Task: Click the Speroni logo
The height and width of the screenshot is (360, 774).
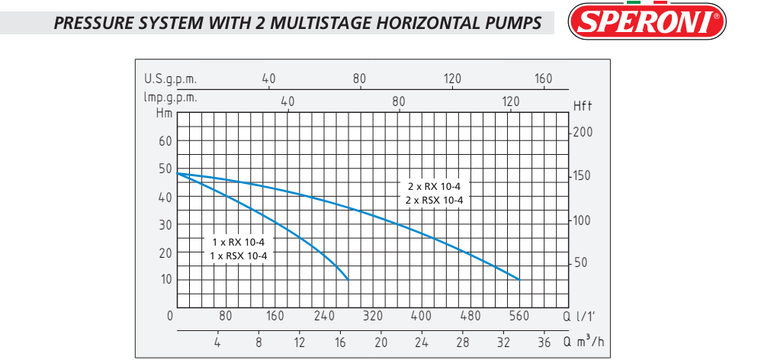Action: click(x=647, y=22)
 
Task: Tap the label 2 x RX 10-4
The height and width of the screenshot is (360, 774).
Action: click(x=435, y=186)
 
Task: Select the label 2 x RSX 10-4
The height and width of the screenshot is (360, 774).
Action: click(x=435, y=200)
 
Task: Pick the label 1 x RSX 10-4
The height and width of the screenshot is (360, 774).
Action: click(x=239, y=256)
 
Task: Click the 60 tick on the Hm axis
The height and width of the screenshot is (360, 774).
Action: click(x=165, y=140)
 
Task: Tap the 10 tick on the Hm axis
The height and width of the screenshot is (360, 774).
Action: click(x=165, y=279)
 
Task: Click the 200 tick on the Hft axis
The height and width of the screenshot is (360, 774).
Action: click(x=583, y=132)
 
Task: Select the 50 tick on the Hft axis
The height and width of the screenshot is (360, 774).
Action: click(x=581, y=262)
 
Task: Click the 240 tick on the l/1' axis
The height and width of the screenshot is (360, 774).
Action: click(x=324, y=317)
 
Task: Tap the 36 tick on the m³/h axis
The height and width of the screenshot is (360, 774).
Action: click(x=544, y=342)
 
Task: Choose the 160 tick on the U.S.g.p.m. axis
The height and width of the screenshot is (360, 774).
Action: click(x=543, y=79)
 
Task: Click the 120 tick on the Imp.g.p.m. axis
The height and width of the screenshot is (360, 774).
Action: click(x=510, y=101)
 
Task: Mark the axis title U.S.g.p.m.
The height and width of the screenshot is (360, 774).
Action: click(x=171, y=79)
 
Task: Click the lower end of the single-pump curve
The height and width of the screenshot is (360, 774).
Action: click(x=348, y=279)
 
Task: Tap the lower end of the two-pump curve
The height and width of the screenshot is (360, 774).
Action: click(x=519, y=279)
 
